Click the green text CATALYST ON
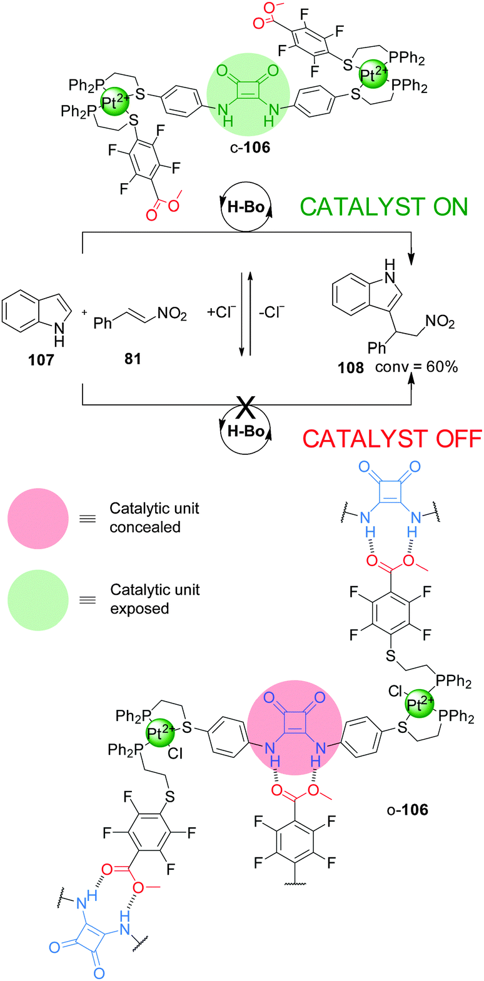[384, 207]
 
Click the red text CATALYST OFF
[392, 439]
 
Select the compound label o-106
[406, 810]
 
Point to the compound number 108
[350, 367]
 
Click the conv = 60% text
[416, 367]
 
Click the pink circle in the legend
[38, 517]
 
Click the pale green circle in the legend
[38, 599]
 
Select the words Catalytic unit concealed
[154, 517]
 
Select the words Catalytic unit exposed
[154, 599]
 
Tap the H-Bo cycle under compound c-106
[245, 207]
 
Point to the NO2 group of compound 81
[172, 314]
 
